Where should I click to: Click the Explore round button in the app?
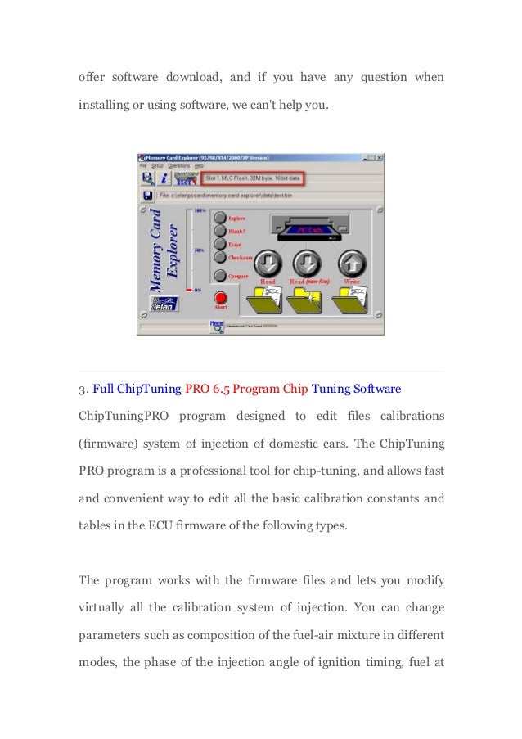219,218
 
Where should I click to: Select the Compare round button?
219,276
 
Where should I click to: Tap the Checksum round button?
219,257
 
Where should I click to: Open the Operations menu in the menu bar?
179,165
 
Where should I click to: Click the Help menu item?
199,165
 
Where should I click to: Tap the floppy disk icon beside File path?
146,196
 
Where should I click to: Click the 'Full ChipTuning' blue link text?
132,386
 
